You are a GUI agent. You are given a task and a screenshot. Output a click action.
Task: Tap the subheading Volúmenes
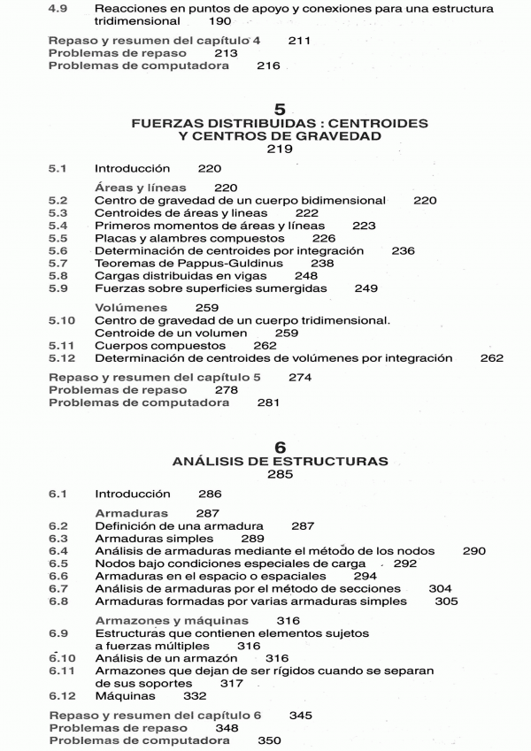click(x=126, y=307)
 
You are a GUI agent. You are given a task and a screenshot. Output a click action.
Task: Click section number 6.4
click(x=58, y=551)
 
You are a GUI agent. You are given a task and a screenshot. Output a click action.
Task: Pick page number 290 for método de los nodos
click(x=473, y=551)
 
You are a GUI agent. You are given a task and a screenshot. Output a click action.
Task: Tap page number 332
click(x=194, y=696)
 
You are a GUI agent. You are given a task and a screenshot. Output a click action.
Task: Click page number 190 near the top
click(x=220, y=21)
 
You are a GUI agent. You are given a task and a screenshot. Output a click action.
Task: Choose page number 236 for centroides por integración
click(x=403, y=251)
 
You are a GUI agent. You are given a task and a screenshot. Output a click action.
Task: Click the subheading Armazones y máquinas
click(x=171, y=620)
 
